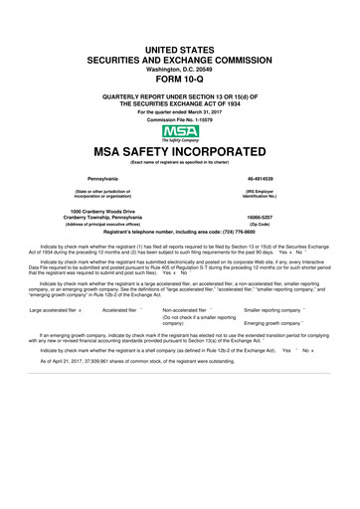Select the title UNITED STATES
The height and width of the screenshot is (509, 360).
click(x=180, y=49)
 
